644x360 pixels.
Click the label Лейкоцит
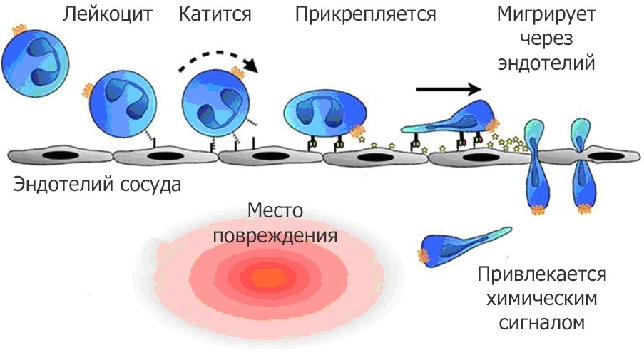pos(108,14)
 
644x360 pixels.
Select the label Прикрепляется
pos(365,14)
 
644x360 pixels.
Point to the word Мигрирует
pos(548,14)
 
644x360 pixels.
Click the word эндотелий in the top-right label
pos(548,63)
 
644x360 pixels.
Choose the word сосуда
pos(149,185)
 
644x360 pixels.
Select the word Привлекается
pos(542,274)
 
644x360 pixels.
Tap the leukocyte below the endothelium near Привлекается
pos(460,246)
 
